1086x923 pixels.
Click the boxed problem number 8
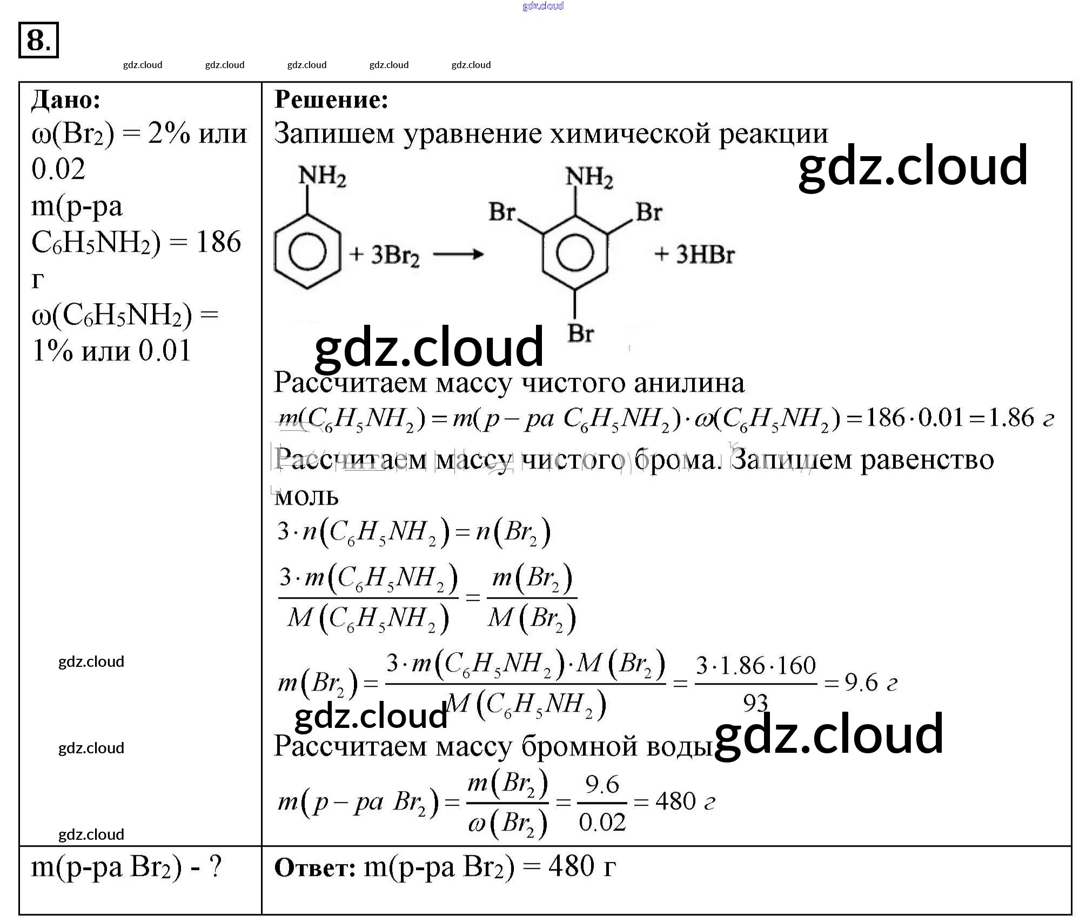(x=38, y=40)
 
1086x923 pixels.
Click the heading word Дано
(x=65, y=99)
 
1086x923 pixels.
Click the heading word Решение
(x=331, y=99)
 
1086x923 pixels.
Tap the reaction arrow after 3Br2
(x=458, y=254)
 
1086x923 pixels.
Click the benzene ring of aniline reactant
(x=307, y=252)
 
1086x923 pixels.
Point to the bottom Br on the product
(x=580, y=333)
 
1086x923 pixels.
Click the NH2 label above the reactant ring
(x=322, y=176)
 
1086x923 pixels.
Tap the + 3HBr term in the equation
(x=694, y=254)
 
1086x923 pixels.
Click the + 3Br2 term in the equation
(x=384, y=255)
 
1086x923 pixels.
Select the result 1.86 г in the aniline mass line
(x=1021, y=418)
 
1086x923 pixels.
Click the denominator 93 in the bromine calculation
(x=755, y=703)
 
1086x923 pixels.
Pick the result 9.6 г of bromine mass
(x=870, y=683)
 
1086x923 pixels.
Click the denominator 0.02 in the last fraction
(x=602, y=822)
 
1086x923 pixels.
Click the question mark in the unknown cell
(x=216, y=867)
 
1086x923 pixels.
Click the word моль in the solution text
(x=306, y=496)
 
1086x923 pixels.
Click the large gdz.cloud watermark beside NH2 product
(x=913, y=165)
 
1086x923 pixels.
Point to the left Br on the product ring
(x=501, y=212)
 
